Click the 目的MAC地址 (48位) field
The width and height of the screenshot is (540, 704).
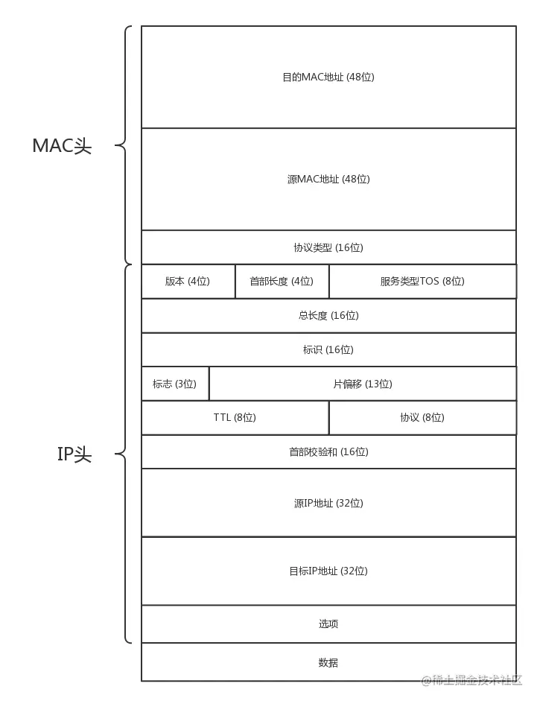click(328, 77)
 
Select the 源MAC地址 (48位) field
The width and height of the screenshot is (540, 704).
click(328, 179)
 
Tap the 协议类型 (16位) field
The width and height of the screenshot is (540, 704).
click(328, 247)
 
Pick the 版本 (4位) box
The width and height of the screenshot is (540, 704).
click(188, 282)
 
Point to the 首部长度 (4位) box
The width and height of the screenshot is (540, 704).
click(282, 282)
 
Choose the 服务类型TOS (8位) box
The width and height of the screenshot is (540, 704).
click(422, 282)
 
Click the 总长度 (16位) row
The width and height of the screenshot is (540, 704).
click(328, 316)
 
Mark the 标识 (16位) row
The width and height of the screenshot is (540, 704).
click(328, 349)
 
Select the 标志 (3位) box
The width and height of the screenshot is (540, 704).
click(175, 384)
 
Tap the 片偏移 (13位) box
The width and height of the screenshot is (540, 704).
click(363, 384)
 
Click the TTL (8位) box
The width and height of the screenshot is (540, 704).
click(235, 418)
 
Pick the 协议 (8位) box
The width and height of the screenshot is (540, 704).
click(422, 418)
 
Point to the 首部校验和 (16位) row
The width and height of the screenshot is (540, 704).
click(328, 451)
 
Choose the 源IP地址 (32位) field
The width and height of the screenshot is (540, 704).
click(328, 503)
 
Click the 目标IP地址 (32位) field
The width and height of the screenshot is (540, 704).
click(328, 571)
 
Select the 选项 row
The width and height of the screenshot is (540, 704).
click(328, 624)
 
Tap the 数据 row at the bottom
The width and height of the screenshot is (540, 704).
click(328, 662)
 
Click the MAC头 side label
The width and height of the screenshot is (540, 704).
click(62, 146)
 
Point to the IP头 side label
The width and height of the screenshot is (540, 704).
click(74, 454)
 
